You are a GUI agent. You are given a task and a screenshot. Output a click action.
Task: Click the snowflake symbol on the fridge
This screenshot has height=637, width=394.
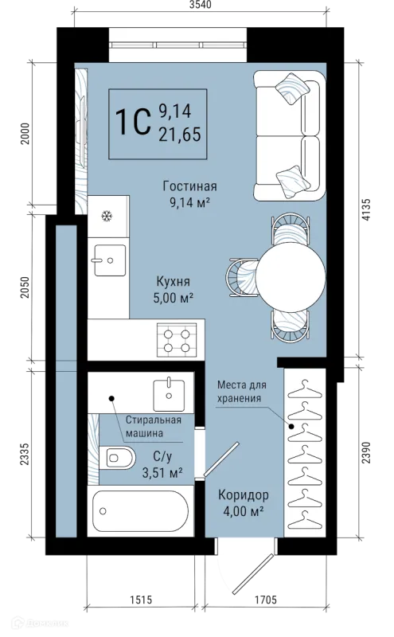click(x=107, y=216)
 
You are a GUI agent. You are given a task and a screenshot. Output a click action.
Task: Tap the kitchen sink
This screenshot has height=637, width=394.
click(x=110, y=260)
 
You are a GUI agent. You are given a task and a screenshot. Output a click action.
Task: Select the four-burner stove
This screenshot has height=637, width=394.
click(x=177, y=341)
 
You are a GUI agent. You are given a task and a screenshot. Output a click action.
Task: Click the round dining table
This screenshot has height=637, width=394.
click(x=291, y=277)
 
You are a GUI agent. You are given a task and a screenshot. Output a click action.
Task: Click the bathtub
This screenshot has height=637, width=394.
click(x=141, y=511)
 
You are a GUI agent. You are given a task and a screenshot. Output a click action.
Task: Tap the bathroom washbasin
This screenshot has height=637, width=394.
click(x=169, y=394)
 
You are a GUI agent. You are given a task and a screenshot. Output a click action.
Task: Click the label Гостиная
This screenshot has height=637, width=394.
click(x=189, y=186)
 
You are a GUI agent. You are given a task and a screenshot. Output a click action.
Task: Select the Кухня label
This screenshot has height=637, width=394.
click(x=173, y=281)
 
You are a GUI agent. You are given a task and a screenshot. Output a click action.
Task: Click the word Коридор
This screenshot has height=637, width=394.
click(x=244, y=495)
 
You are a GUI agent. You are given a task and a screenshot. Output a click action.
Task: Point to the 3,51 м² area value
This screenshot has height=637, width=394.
click(x=162, y=472)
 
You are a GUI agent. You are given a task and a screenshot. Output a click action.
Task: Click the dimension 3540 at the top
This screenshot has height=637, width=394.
click(x=201, y=5)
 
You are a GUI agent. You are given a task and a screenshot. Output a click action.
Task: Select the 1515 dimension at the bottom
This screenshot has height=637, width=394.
click(x=141, y=600)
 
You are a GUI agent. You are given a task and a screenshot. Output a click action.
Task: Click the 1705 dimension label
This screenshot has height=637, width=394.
click(x=266, y=600)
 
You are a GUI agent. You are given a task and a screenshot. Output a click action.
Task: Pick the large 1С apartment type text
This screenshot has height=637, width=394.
click(x=133, y=122)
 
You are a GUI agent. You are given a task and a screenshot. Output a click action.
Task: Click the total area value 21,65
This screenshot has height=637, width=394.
click(x=180, y=135)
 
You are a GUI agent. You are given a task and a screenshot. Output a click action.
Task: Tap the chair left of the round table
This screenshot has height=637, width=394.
click(x=241, y=277)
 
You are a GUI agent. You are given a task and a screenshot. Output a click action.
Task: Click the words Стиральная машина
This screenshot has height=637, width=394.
click(x=153, y=427)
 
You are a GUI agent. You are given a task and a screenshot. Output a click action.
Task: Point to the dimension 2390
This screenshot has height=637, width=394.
click(x=366, y=452)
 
